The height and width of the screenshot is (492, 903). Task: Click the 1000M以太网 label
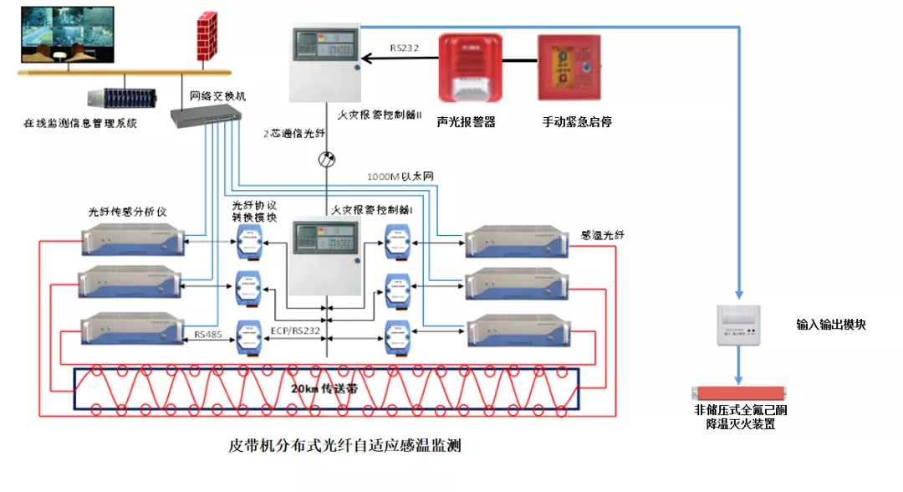click(400, 177)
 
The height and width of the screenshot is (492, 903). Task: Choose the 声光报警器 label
click(466, 122)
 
